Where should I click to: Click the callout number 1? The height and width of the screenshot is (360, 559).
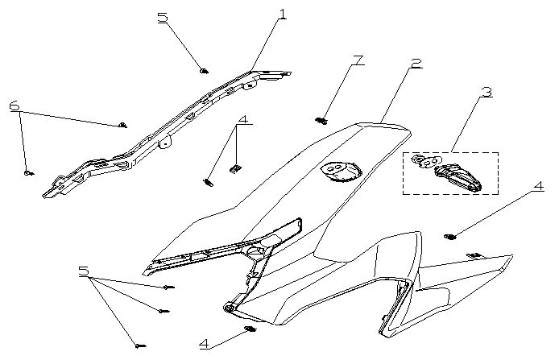282,14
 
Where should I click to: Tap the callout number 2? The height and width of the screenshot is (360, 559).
415,64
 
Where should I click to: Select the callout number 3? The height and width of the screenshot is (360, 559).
486,92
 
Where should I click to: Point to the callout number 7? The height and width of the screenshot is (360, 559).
358,61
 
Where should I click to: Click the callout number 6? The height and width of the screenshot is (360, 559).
14,106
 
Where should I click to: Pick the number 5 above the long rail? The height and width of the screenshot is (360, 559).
163,17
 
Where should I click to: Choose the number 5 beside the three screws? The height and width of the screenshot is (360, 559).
83,271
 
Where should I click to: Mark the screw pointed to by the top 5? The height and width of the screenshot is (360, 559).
203,71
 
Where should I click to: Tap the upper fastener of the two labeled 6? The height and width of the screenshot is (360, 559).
122,125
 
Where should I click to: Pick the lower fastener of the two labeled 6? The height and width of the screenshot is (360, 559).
27,172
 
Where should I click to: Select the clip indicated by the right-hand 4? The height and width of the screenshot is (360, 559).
450,236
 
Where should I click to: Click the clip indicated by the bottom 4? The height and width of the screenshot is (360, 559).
250,331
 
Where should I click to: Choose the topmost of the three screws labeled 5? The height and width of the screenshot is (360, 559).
168,287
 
